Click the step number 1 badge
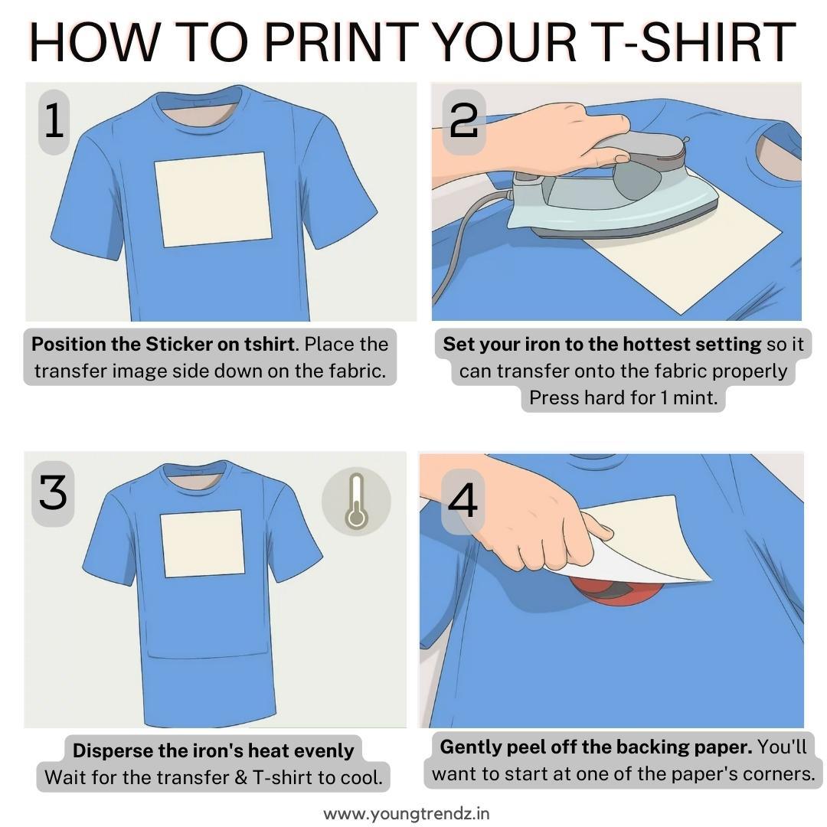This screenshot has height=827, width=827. coord(54,123)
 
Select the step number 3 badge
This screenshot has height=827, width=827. coord(53,492)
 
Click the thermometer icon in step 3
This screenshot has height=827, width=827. coord(355,502)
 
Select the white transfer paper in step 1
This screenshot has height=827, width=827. coord(213,199)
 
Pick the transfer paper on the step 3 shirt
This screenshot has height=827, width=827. coord(202,543)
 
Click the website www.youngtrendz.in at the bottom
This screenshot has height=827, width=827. coord(407,812)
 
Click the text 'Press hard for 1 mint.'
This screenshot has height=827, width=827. coord(623,398)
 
